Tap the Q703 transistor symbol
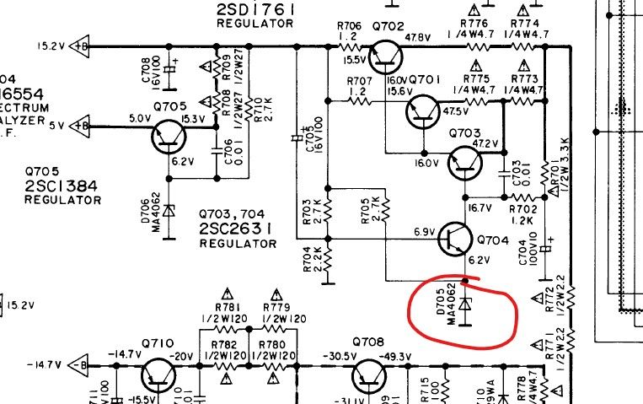(x=463, y=163)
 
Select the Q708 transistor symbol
(x=367, y=373)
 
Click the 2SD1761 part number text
(x=255, y=9)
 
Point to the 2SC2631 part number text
(x=238, y=229)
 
